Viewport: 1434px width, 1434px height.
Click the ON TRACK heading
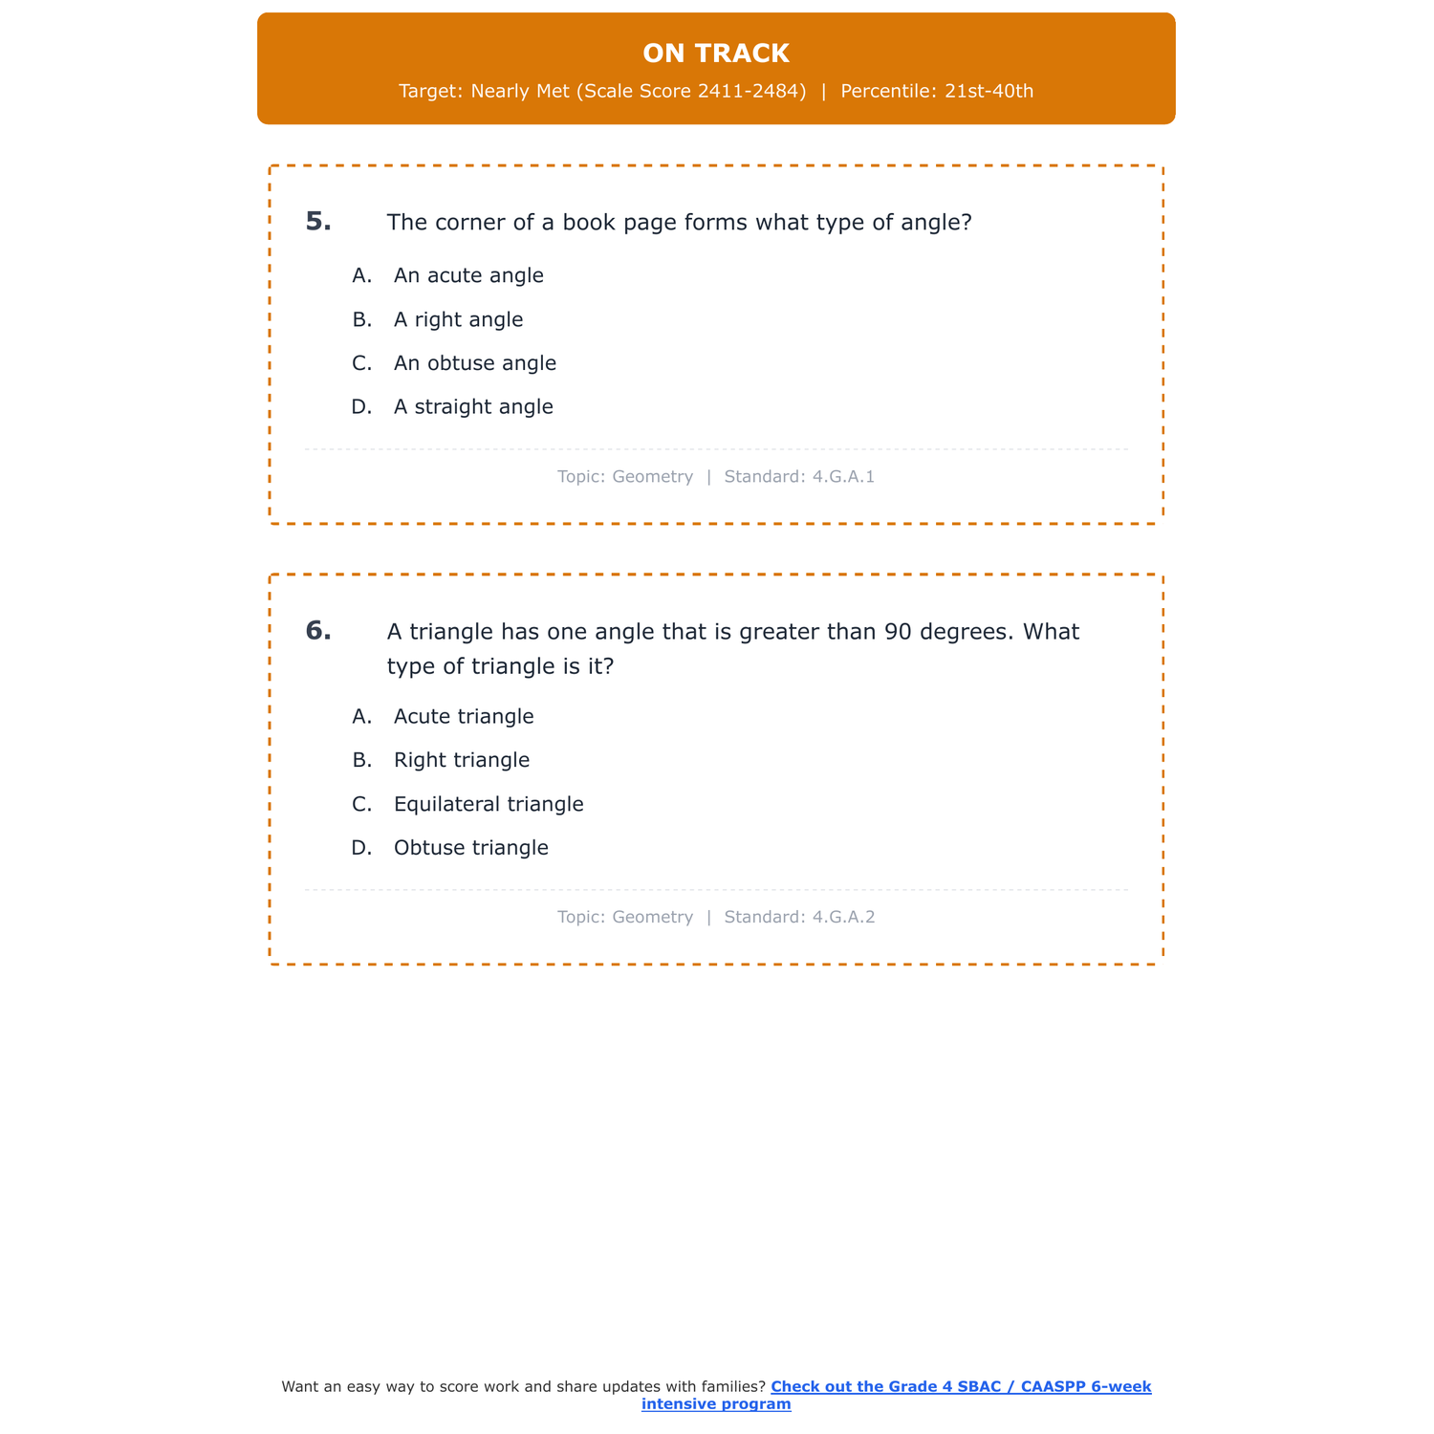[x=716, y=54]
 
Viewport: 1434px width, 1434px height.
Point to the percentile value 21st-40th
[x=989, y=92]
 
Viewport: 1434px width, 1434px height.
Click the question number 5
[x=318, y=222]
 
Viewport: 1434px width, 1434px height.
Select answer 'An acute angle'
[x=468, y=276]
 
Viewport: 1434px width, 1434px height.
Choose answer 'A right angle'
[x=458, y=320]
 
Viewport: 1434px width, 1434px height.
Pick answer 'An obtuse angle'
[x=474, y=364]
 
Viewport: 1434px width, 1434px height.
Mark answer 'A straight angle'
[x=473, y=407]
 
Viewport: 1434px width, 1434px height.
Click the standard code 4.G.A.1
[x=843, y=477]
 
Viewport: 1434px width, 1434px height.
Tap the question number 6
[x=318, y=631]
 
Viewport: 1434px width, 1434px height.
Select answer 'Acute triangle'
[x=464, y=717]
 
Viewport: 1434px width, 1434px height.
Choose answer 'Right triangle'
[x=461, y=761]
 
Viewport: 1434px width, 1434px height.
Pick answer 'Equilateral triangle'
[x=489, y=805]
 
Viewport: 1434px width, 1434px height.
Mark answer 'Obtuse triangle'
[x=470, y=849]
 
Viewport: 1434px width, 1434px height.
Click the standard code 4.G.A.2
[x=843, y=918]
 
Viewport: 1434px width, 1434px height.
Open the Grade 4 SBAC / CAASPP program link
[x=960, y=1387]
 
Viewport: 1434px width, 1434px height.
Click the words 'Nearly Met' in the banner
[x=520, y=92]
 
